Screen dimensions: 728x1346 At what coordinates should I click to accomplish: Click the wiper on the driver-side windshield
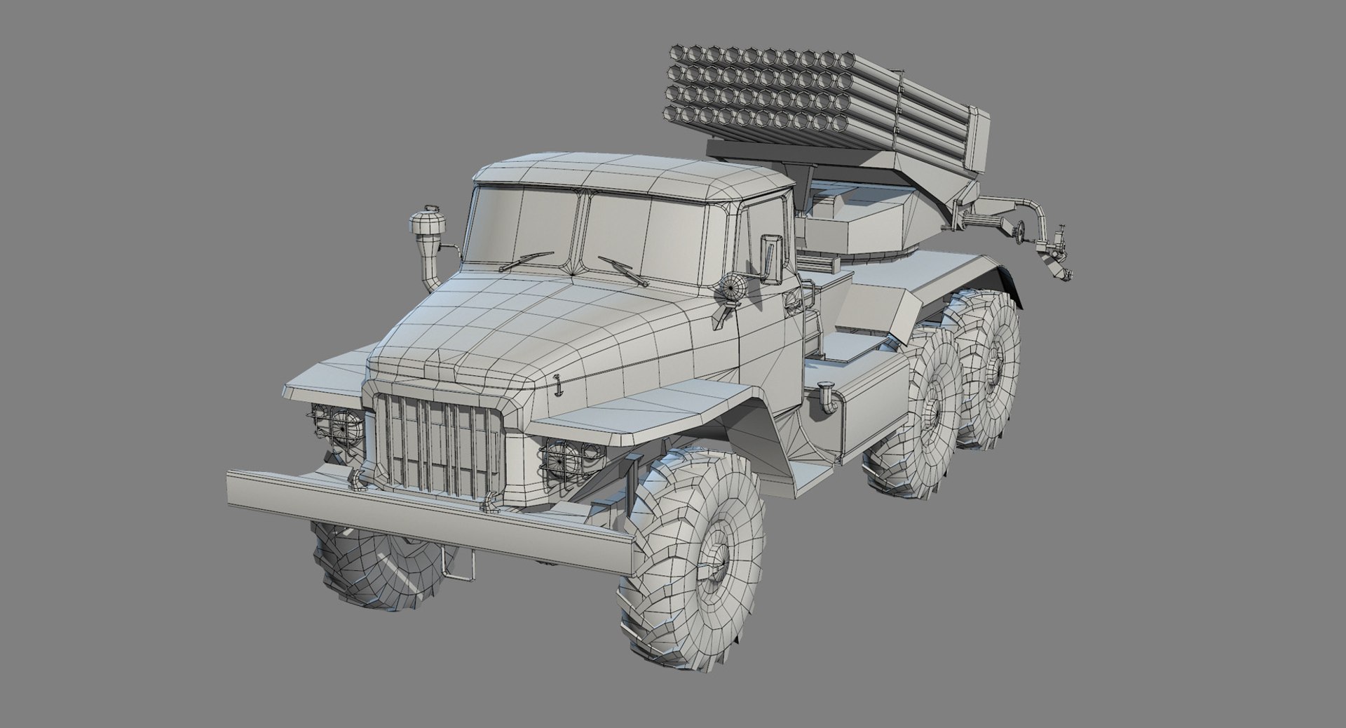pos(623,270)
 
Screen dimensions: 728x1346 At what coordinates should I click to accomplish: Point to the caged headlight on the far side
pos(336,424)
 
